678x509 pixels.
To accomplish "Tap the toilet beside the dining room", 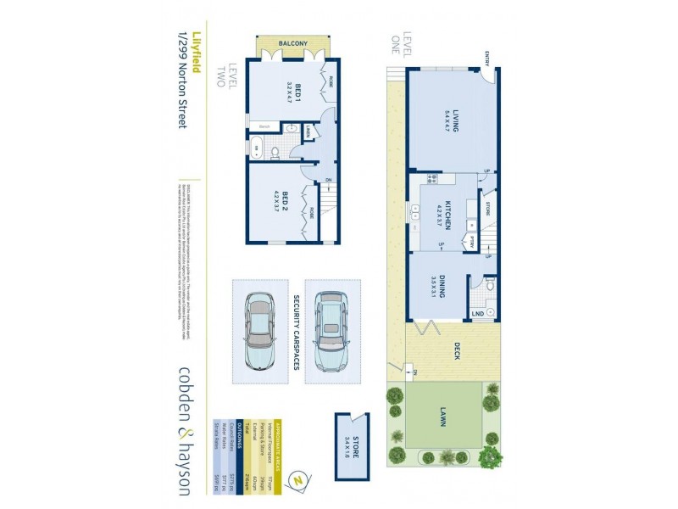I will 488,288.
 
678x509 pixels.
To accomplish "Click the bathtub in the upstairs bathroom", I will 257,148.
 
